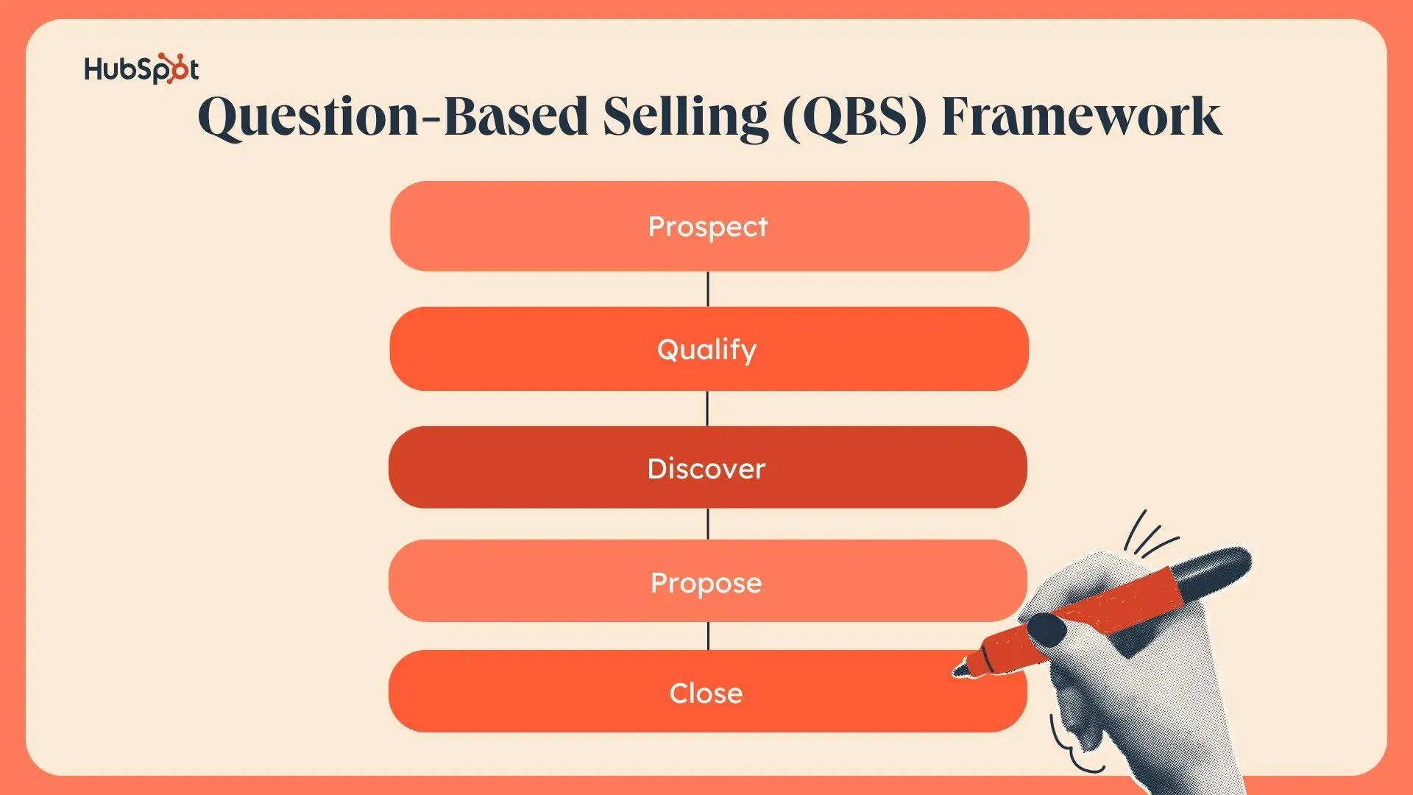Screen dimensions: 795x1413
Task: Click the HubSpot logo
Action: pyautogui.click(x=141, y=69)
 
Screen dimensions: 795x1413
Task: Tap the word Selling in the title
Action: pyautogui.click(x=685, y=116)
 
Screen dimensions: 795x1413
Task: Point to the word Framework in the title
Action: pyautogui.click(x=1081, y=116)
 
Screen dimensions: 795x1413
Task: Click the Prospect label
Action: pyautogui.click(x=707, y=227)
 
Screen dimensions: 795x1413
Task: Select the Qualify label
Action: pyautogui.click(x=706, y=349)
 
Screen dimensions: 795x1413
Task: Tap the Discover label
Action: pyautogui.click(x=706, y=469)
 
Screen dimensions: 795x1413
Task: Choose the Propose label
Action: pyautogui.click(x=706, y=583)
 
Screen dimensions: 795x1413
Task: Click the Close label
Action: pyautogui.click(x=706, y=693)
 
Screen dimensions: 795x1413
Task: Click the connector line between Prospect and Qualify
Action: pyautogui.click(x=708, y=289)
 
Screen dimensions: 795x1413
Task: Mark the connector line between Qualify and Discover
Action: pyautogui.click(x=708, y=408)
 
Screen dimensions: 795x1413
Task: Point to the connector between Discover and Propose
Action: pyautogui.click(x=708, y=523)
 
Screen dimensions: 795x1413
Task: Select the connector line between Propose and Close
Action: pyautogui.click(x=708, y=636)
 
